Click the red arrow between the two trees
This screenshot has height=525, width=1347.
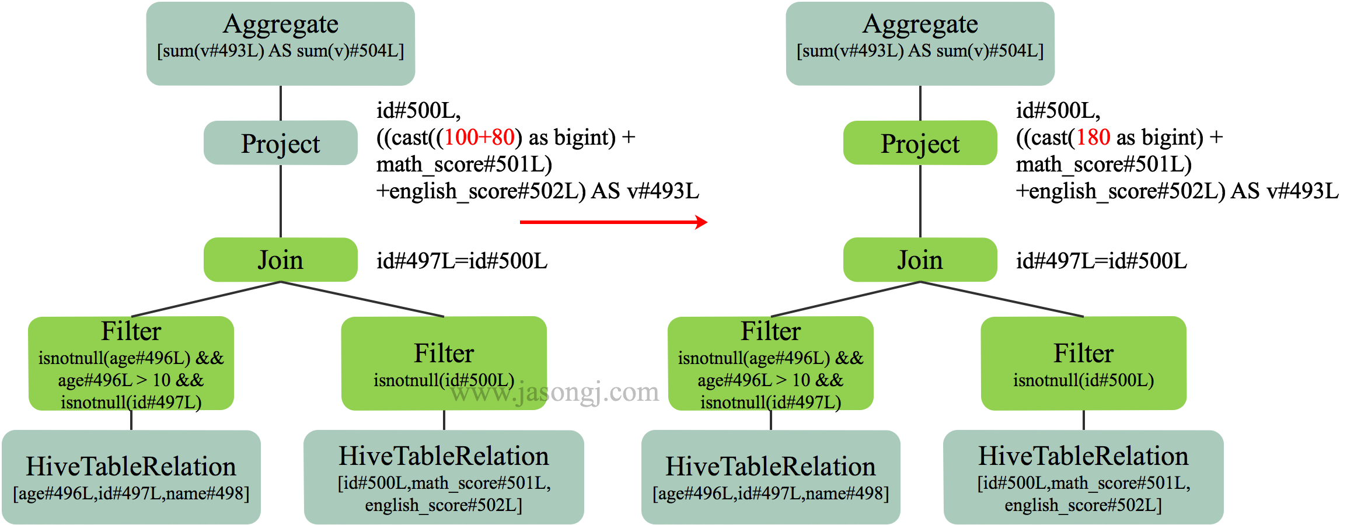[613, 222]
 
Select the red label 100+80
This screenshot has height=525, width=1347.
[479, 137]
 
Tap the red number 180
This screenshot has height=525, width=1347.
[1093, 137]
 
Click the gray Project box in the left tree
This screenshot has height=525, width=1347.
[280, 143]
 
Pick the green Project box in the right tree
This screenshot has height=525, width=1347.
[920, 143]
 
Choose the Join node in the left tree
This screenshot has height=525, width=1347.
[280, 260]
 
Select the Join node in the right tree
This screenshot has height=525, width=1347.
[920, 260]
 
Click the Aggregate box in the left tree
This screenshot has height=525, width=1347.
[280, 43]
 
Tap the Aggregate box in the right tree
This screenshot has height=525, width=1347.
[920, 43]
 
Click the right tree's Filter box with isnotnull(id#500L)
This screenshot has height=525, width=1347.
[1083, 363]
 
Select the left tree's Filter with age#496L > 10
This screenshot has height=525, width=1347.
[131, 363]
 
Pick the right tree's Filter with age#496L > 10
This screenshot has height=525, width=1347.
[770, 363]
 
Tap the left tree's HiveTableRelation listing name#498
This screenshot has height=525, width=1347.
[131, 477]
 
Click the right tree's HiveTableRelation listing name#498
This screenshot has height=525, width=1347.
[770, 477]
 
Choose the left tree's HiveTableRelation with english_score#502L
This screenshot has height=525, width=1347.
[444, 477]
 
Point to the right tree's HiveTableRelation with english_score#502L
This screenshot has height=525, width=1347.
[1083, 477]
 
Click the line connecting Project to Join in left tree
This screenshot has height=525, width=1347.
[281, 201]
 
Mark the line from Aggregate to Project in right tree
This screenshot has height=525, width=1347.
[920, 103]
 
